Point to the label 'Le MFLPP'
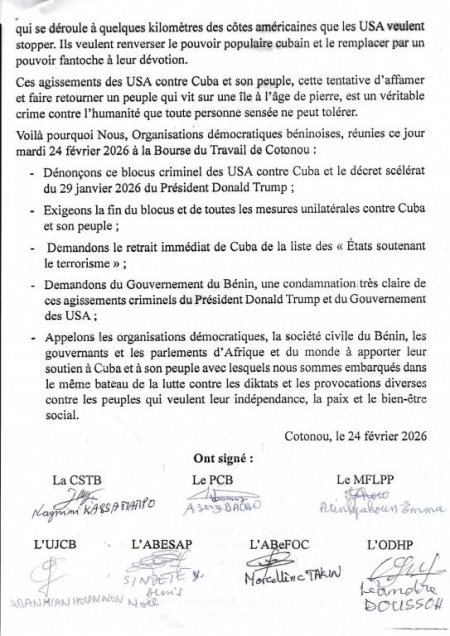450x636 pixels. [x=365, y=480]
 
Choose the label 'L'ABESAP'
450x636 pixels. [x=161, y=545]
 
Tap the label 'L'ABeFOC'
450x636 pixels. [x=280, y=545]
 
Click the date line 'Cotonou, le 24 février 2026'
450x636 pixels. [x=355, y=435]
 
